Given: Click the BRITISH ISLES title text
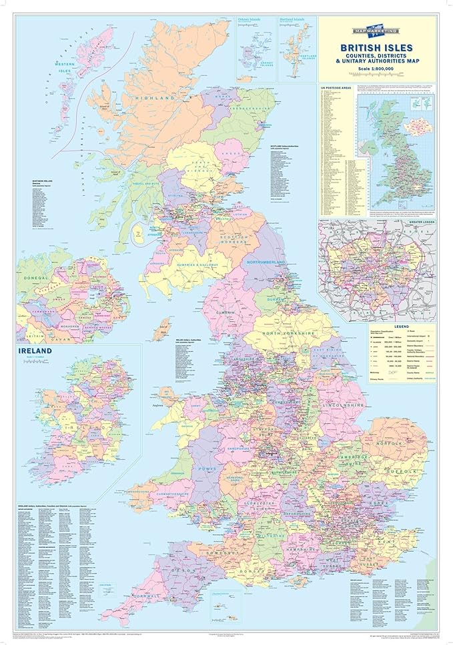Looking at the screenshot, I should point(377,48).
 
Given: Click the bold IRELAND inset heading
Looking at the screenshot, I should point(39,351).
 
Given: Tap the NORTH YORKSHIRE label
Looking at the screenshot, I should point(288,332).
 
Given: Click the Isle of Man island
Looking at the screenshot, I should point(161,328).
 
